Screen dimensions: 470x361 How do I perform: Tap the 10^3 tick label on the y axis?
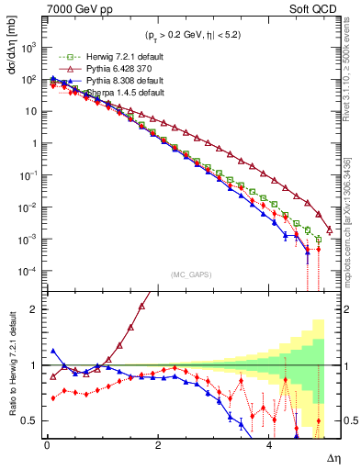point(30,47)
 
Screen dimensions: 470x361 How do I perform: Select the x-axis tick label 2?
point(158,444)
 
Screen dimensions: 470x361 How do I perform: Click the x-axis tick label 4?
point(269,444)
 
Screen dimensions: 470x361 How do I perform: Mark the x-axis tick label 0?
point(47,444)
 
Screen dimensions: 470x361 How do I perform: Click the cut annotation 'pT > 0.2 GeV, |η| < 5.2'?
point(185,36)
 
